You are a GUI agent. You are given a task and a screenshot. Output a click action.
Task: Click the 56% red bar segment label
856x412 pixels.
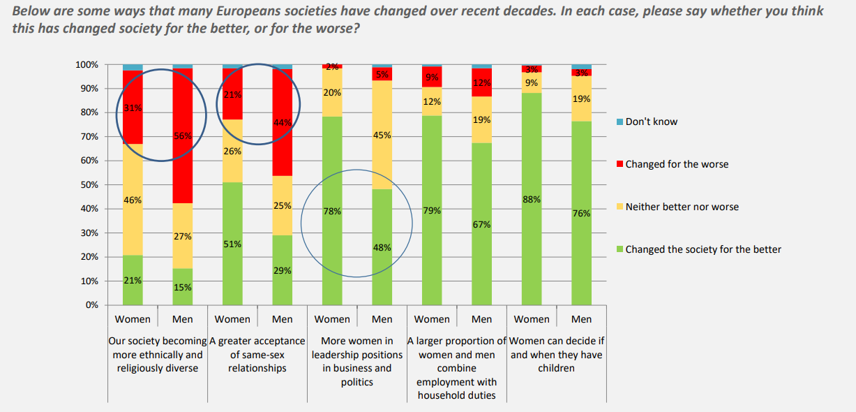tap(182, 136)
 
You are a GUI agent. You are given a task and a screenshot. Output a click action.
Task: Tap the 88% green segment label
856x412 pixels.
tap(532, 200)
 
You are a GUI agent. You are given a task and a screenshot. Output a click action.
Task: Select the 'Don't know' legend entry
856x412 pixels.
tap(651, 122)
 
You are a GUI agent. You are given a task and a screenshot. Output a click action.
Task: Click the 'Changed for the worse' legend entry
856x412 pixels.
tap(676, 164)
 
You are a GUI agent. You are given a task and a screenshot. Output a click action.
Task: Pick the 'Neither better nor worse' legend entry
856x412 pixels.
tap(682, 207)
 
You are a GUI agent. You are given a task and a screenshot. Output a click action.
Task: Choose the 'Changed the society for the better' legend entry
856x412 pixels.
tap(703, 249)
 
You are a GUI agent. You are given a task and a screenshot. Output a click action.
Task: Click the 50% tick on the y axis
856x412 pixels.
tap(89, 185)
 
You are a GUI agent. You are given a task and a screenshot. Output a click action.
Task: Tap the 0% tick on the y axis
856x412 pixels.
tap(92, 305)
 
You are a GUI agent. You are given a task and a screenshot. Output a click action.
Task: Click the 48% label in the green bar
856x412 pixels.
tap(382, 247)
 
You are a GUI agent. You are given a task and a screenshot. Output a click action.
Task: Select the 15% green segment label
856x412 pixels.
tap(182, 287)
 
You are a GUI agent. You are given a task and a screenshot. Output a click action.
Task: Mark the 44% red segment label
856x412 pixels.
tap(282, 123)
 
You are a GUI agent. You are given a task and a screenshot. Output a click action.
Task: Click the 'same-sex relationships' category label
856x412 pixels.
tap(257, 354)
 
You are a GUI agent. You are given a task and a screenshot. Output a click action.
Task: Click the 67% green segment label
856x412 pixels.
tap(481, 224)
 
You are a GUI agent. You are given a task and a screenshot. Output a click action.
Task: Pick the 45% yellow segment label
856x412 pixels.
tap(382, 135)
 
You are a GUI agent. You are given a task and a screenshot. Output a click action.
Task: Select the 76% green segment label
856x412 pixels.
tap(581, 214)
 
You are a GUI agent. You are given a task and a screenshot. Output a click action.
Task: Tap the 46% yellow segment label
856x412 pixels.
tap(133, 200)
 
